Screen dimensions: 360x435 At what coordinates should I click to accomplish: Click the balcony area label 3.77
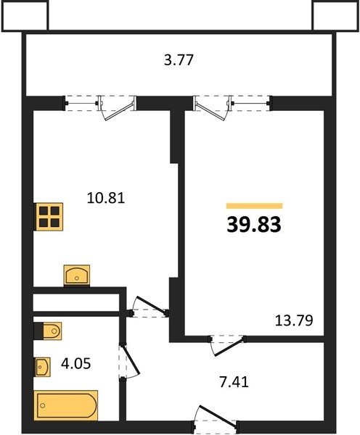pyautogui.click(x=179, y=60)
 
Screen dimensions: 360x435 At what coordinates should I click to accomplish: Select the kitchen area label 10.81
pyautogui.click(x=106, y=198)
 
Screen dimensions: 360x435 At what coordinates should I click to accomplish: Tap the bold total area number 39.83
pyautogui.click(x=254, y=225)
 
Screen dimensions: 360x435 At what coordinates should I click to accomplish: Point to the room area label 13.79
pyautogui.click(x=294, y=320)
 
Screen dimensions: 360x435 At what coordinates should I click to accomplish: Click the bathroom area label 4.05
pyautogui.click(x=75, y=363)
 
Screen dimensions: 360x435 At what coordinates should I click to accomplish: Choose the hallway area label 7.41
pyautogui.click(x=234, y=382)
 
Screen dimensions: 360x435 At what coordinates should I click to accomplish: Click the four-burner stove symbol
pyautogui.click(x=49, y=217)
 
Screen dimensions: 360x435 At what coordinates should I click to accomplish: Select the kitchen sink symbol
pyautogui.click(x=77, y=275)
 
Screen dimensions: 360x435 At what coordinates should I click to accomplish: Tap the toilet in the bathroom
pyautogui.click(x=47, y=331)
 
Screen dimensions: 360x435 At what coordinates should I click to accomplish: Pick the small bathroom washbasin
pyautogui.click(x=42, y=367)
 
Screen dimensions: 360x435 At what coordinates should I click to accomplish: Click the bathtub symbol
pyautogui.click(x=66, y=405)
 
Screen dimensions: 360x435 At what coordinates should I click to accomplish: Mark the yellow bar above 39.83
pyautogui.click(x=255, y=206)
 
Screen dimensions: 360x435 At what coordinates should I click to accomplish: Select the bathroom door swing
pyautogui.click(x=129, y=360)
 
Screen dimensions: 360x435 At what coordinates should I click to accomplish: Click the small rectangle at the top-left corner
pyautogui.click(x=24, y=15)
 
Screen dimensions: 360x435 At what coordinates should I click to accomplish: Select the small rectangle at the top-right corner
pyautogui.click(x=336, y=15)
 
